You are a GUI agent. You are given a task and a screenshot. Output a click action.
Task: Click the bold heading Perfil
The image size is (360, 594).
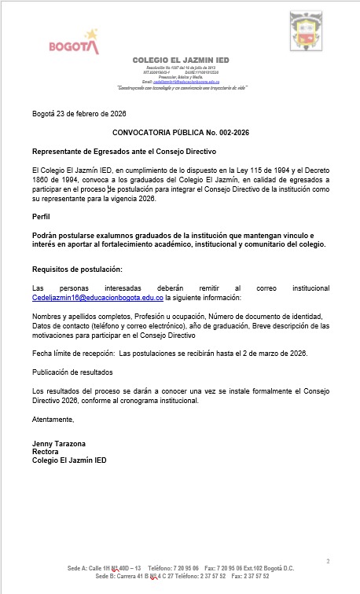(41, 215)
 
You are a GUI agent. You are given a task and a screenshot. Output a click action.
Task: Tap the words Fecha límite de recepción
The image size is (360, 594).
(75, 353)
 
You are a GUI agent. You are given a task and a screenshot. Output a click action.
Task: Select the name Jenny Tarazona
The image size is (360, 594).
(59, 444)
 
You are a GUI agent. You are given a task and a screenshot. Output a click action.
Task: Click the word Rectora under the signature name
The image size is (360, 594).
(44, 453)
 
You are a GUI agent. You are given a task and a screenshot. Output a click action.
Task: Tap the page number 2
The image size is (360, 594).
(328, 560)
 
